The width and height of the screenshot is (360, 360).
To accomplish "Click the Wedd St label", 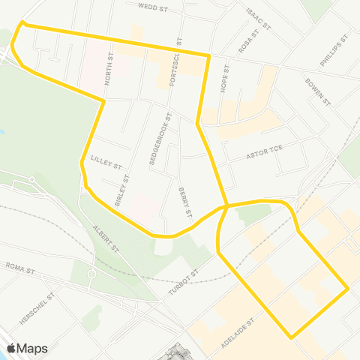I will click(152, 5).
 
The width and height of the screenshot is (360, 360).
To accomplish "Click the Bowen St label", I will click(318, 91).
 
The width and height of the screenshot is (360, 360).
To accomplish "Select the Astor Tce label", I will click(263, 157).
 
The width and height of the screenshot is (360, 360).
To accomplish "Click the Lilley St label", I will click(106, 160).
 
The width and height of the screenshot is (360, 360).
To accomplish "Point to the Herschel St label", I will click(34, 308).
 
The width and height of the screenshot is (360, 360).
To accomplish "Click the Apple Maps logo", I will click(28, 348).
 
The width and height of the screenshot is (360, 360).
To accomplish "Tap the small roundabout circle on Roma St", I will click(91, 274).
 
